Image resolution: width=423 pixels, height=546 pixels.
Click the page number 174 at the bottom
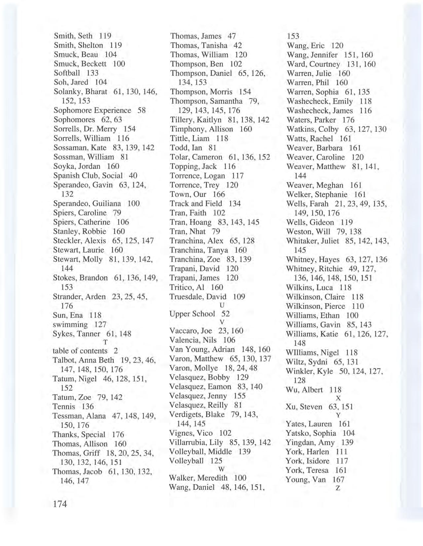click(x=60, y=504)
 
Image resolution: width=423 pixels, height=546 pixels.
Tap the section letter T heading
click(x=105, y=342)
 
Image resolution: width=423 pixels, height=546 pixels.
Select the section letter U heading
click(x=222, y=305)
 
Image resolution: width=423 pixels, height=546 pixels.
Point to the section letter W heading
click(x=222, y=469)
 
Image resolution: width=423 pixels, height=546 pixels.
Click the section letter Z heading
click(x=338, y=488)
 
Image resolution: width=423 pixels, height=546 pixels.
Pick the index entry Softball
click(x=67, y=73)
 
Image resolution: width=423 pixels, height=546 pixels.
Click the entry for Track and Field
click(x=196, y=203)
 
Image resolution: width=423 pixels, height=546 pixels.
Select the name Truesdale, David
click(x=198, y=297)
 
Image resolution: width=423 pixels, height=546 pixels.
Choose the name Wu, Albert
click(x=304, y=390)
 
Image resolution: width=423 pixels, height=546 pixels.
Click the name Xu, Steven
click(x=304, y=407)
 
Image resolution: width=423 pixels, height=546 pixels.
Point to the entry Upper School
click(x=192, y=314)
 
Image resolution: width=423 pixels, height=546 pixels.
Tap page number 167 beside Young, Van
click(x=338, y=479)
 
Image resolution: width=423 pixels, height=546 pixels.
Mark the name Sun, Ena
click(x=68, y=315)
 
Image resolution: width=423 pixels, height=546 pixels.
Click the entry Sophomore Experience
click(x=92, y=110)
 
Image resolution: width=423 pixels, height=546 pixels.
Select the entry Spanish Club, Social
click(x=88, y=175)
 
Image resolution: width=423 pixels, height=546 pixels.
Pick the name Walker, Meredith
click(x=198, y=478)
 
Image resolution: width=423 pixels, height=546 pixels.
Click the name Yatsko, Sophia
click(x=311, y=433)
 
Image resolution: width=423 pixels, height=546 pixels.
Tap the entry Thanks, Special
click(x=79, y=434)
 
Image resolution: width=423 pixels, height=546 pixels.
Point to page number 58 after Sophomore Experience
click(x=141, y=110)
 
